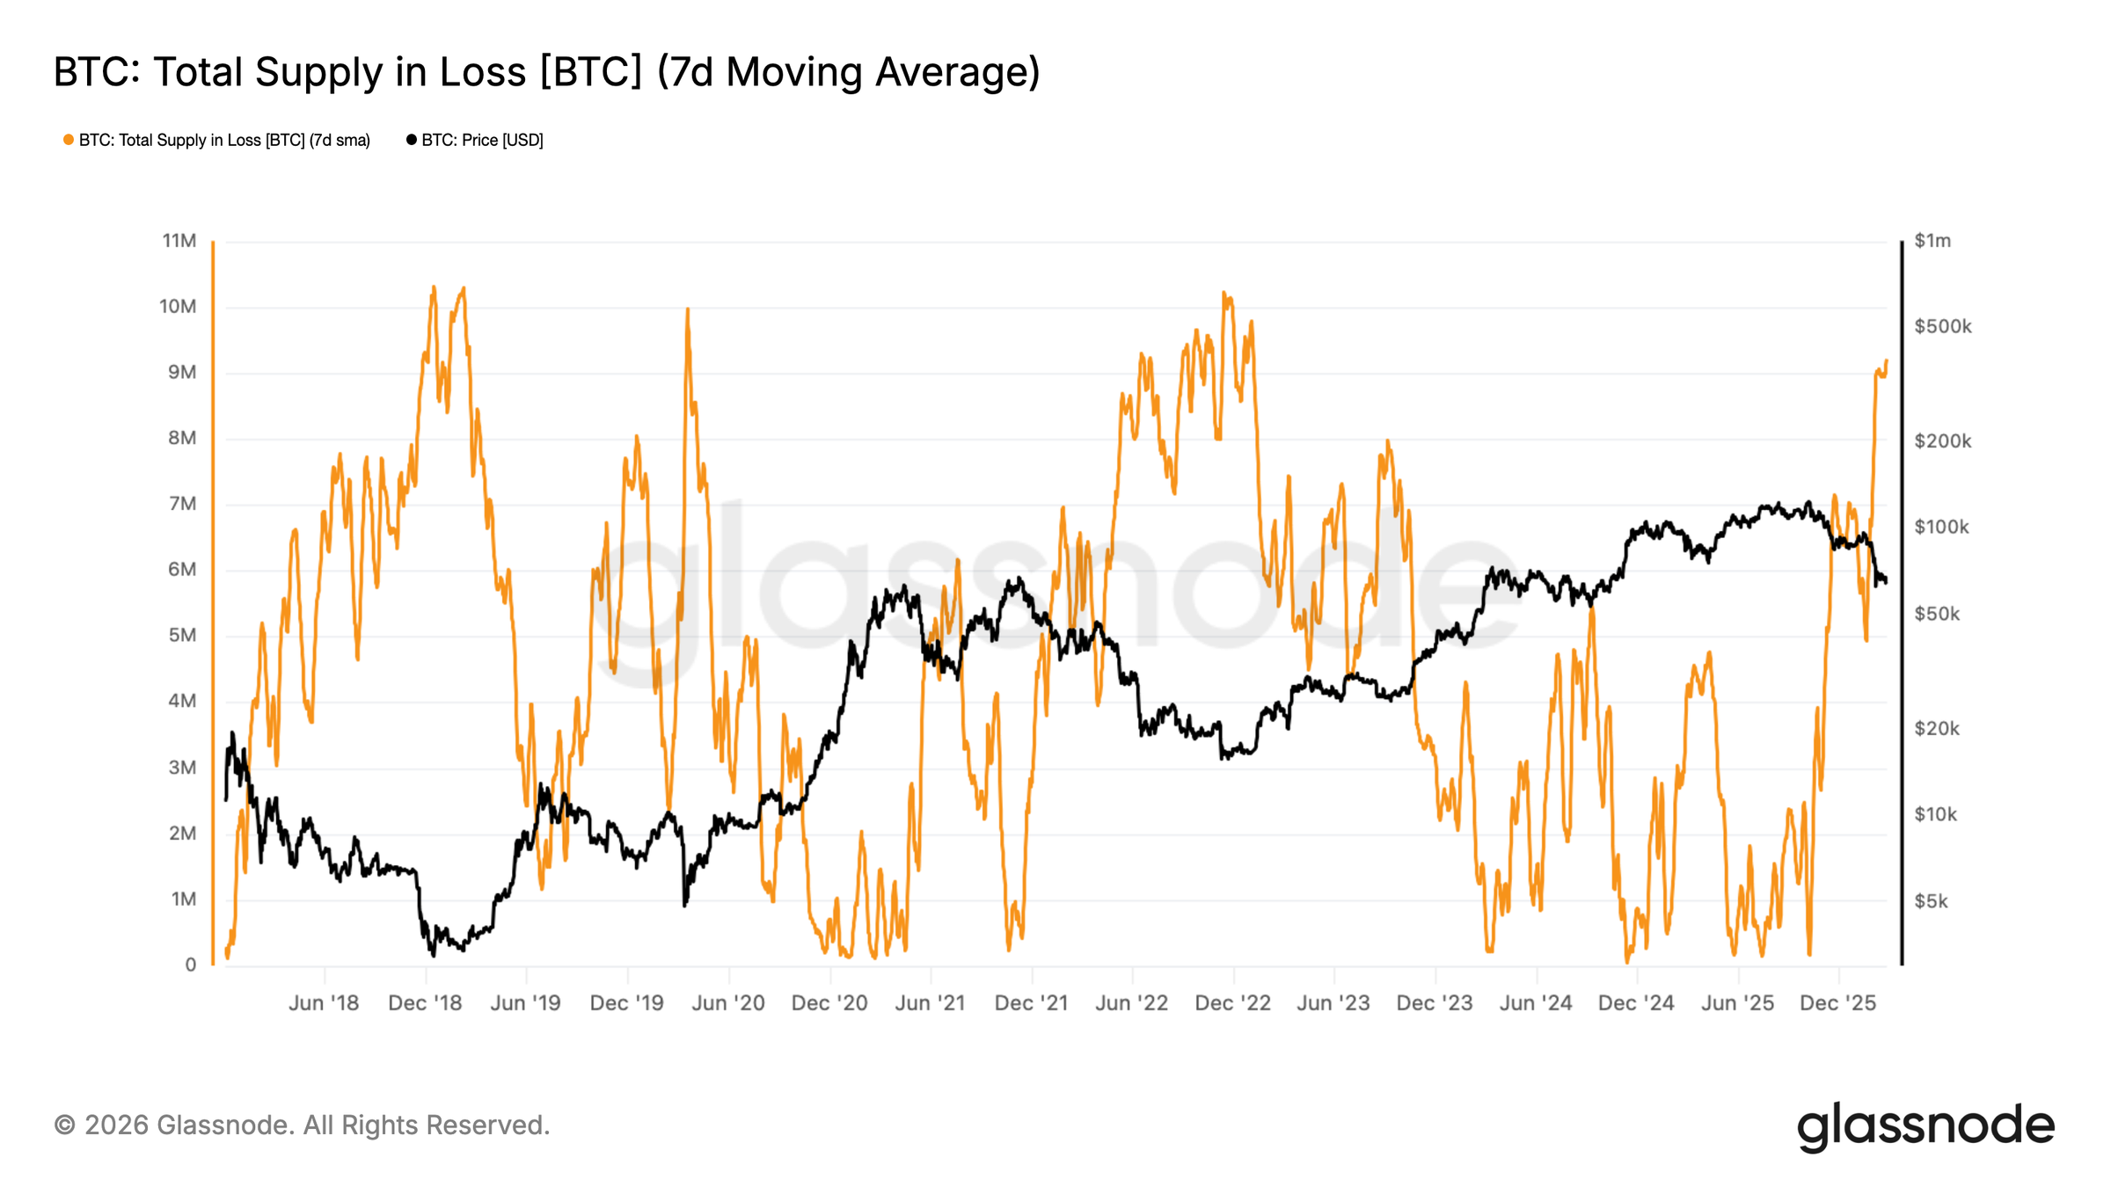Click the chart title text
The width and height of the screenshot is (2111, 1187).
click(546, 72)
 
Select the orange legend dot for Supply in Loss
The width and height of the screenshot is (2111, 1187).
click(69, 140)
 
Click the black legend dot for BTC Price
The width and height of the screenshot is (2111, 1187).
click(411, 140)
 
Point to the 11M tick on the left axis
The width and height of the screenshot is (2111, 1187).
click(179, 241)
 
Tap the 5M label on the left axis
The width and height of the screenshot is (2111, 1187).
click(182, 636)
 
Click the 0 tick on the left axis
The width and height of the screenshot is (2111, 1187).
click(190, 965)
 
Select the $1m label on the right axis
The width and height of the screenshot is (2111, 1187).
click(1932, 241)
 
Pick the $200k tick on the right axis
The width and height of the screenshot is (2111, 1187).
click(1942, 441)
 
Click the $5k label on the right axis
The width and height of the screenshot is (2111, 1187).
click(1931, 901)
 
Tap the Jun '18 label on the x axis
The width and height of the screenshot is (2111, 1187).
click(324, 1003)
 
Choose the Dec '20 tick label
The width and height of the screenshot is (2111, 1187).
click(829, 1003)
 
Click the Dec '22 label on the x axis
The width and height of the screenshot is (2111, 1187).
click(1232, 1003)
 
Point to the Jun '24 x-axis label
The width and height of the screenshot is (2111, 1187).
click(1536, 1003)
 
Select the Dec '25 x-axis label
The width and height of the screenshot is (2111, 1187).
click(1837, 1003)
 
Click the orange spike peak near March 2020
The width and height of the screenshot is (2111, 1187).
click(687, 309)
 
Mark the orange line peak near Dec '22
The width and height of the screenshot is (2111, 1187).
click(1224, 294)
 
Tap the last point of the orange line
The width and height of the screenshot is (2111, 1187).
click(1887, 360)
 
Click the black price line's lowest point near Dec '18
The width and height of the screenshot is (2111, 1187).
click(433, 955)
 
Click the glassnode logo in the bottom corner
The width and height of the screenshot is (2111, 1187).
click(1925, 1126)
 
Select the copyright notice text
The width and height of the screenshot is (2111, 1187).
click(302, 1125)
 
